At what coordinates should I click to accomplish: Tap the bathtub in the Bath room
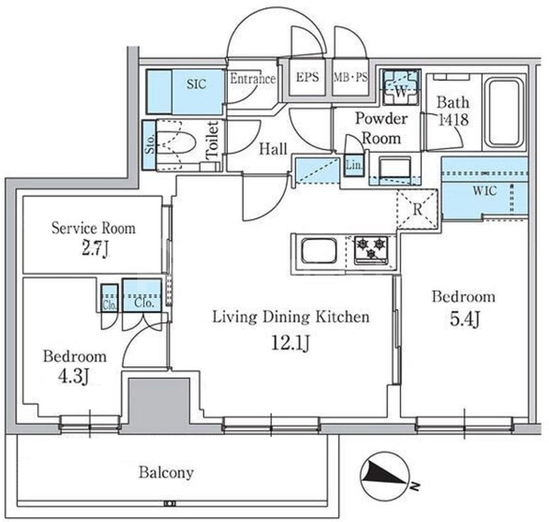tap(504, 112)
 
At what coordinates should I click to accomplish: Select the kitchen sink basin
tap(319, 251)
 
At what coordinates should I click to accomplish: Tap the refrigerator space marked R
tap(417, 209)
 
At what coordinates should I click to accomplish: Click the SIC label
tap(196, 84)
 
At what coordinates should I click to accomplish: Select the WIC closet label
tap(484, 191)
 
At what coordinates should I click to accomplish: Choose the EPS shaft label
tap(307, 77)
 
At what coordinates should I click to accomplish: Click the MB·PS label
tap(350, 77)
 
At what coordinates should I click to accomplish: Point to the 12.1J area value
tap(290, 343)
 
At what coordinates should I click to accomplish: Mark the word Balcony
tap(166, 473)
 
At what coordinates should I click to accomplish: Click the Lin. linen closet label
tap(354, 164)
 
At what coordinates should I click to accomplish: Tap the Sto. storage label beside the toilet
tap(149, 144)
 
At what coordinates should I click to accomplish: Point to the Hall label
tap(273, 149)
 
